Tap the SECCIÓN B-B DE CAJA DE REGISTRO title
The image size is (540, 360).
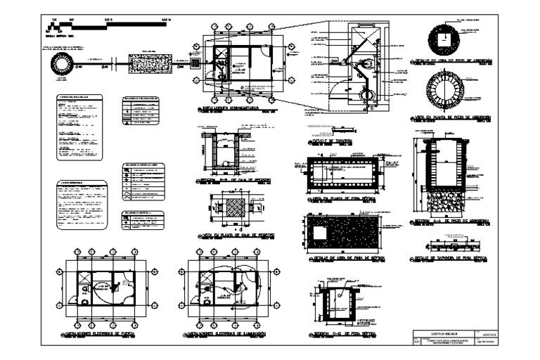(x=233, y=181)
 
